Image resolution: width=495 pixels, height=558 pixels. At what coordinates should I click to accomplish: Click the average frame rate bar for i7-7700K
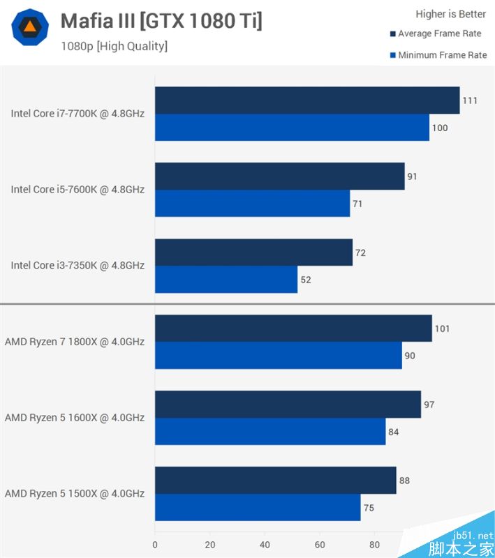[x=307, y=100]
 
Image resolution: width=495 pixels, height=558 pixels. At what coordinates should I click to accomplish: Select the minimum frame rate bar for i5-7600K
[x=252, y=204]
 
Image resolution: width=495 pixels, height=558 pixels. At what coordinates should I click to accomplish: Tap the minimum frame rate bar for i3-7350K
[x=226, y=280]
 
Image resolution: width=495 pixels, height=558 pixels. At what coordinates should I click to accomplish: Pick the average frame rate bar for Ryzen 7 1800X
[x=293, y=329]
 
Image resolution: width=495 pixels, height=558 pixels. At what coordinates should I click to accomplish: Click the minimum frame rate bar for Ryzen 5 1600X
[x=270, y=432]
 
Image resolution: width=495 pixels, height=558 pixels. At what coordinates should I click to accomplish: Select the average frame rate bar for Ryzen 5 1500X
[x=276, y=481]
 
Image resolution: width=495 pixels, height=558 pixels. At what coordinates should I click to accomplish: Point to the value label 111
[x=470, y=100]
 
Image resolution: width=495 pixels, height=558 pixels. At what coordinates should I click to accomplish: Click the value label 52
[x=306, y=280]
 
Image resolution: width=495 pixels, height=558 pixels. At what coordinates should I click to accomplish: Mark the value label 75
[x=369, y=508]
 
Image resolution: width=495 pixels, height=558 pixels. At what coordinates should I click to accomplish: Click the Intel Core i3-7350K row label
[x=77, y=266]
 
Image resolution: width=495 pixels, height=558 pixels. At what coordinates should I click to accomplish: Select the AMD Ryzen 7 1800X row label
[x=75, y=342]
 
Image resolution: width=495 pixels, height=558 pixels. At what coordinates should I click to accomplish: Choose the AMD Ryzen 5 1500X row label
[x=75, y=494]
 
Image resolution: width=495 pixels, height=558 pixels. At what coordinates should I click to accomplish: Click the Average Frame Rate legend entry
[x=439, y=33]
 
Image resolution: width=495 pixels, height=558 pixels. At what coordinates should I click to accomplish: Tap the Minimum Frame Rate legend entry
[x=442, y=55]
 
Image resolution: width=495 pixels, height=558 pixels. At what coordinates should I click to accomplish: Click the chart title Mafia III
[x=161, y=21]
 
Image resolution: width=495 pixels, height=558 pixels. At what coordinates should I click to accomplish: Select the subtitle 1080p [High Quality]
[x=114, y=47]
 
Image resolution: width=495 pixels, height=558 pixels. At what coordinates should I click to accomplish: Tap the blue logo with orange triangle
[x=30, y=27]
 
